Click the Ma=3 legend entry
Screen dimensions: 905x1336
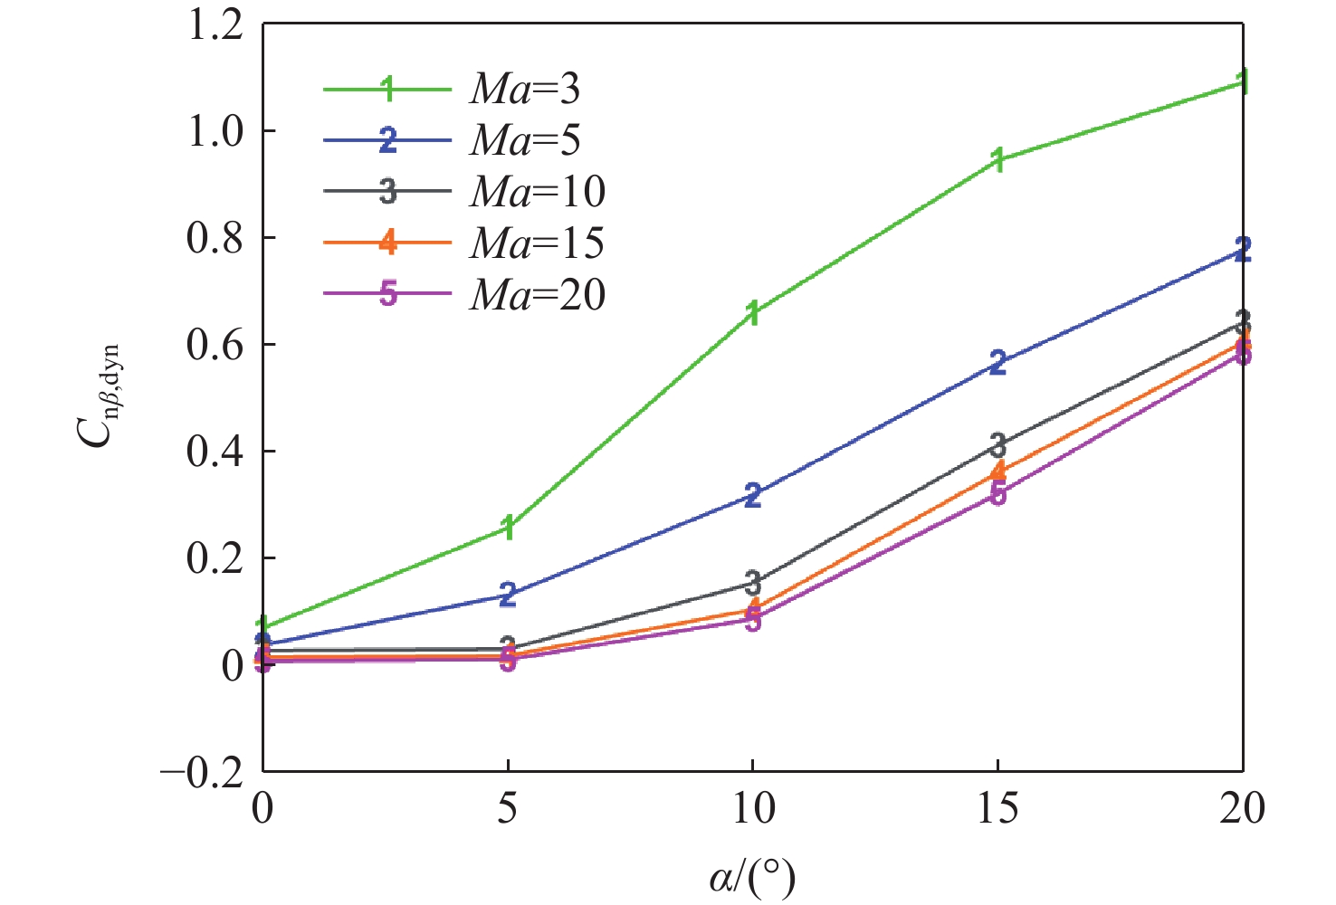tap(524, 89)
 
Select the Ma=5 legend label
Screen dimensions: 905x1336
tap(524, 140)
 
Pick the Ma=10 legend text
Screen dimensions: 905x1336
tap(537, 191)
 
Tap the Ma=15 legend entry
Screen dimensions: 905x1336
tap(537, 243)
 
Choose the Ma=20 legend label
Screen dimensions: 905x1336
tap(537, 294)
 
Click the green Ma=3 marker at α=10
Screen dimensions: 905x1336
tap(752, 314)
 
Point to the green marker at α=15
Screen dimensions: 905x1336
tap(997, 160)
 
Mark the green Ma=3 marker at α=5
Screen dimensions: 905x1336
tap(508, 528)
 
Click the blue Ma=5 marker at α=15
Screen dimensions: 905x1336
tap(997, 363)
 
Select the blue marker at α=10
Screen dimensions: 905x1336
tap(752, 495)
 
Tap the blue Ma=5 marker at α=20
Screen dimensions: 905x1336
tap(1243, 250)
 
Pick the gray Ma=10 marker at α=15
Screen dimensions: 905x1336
tap(997, 444)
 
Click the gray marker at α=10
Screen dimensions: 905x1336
tap(752, 582)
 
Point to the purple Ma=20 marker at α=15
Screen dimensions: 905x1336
tap(997, 494)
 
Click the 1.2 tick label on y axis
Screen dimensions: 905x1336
tap(215, 24)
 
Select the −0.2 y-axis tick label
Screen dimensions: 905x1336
tap(202, 772)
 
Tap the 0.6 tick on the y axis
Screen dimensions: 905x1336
tap(215, 345)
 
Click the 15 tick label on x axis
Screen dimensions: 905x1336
tap(997, 808)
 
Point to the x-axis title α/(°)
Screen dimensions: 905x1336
tap(752, 876)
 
